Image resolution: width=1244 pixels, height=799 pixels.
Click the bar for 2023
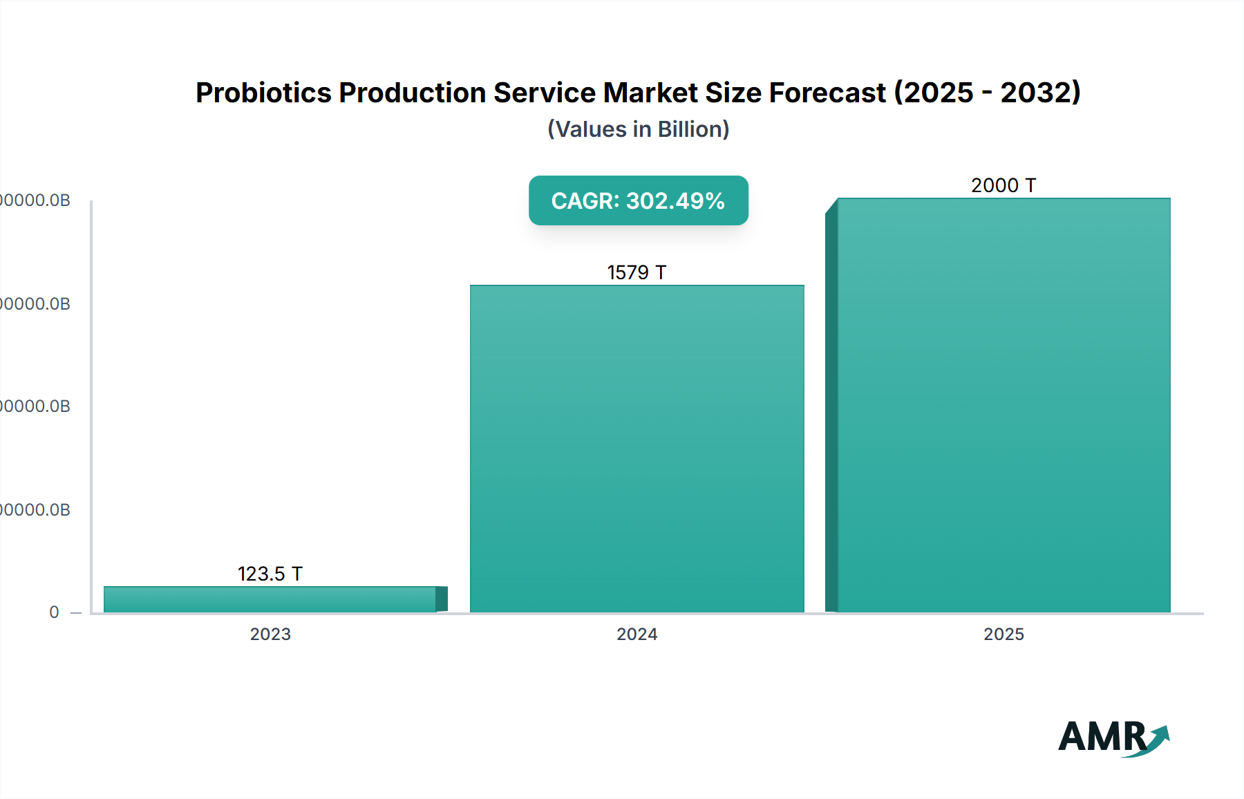pos(270,599)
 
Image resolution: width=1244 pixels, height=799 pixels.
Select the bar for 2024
pos(637,449)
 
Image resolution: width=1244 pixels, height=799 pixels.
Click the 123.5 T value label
pos(270,574)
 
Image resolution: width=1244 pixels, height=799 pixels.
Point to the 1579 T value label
pos(637,272)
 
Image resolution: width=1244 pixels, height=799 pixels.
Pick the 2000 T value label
pos(1003,185)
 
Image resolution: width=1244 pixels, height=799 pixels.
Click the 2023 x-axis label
pos(270,634)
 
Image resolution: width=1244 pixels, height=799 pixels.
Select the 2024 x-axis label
pos(637,634)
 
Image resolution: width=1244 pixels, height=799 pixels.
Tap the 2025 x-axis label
pos(1003,634)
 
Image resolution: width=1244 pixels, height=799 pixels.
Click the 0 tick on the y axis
pos(54,612)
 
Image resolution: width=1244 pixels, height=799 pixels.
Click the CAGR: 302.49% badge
pos(638,200)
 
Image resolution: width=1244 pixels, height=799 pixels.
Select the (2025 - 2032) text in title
pos(988,93)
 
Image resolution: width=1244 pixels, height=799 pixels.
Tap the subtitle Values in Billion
pos(638,129)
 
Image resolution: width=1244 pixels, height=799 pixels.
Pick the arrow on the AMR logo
pos(1158,738)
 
